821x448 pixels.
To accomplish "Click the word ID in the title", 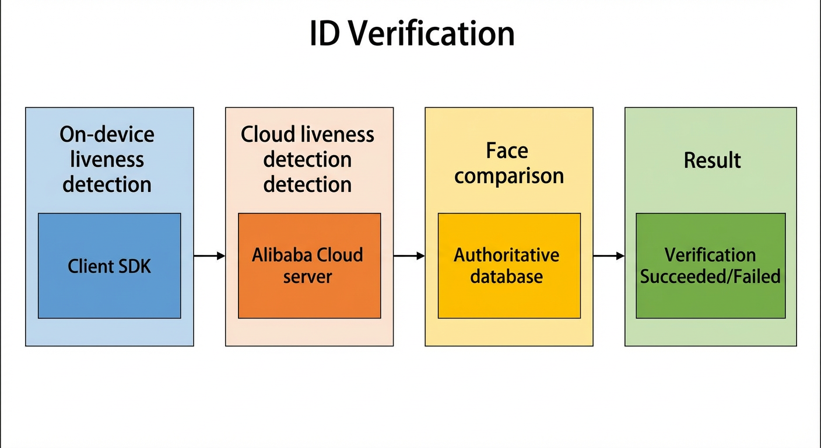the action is [x=324, y=33].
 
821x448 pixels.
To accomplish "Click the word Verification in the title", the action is [x=431, y=33].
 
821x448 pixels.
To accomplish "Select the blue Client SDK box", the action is [x=110, y=266].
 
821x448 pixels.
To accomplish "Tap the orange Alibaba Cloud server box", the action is [x=310, y=266].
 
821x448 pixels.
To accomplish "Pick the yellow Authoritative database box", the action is [x=509, y=266].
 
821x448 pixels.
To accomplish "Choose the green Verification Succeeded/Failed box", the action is [x=711, y=266].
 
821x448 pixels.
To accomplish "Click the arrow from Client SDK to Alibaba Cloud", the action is [x=209, y=256].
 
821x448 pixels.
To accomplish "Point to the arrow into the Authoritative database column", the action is [x=409, y=256].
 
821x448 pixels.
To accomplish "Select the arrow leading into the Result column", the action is [x=609, y=256].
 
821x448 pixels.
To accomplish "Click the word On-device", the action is [x=107, y=135].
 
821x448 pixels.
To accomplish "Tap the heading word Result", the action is [x=712, y=160].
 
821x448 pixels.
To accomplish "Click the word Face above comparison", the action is [x=507, y=150].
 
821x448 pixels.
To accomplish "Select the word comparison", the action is [x=509, y=176].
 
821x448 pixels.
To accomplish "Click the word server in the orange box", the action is [x=307, y=276].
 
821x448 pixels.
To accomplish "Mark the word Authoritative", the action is [x=507, y=255].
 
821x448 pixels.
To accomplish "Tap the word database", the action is [x=507, y=276].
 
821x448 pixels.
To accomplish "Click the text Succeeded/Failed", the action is [x=710, y=276].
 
